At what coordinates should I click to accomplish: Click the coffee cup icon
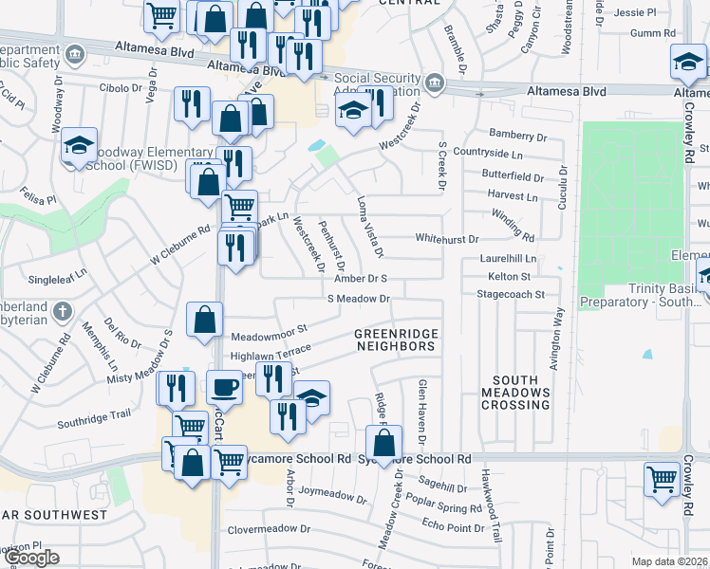tap(224, 387)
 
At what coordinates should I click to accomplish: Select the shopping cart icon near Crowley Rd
tap(661, 478)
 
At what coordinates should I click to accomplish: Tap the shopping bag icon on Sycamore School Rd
tap(383, 442)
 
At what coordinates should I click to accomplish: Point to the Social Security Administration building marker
tap(436, 81)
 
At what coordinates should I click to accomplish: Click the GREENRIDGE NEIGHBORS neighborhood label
tap(395, 340)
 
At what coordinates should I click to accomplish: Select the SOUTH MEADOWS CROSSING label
tap(515, 398)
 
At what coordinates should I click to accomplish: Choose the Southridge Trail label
tap(93, 415)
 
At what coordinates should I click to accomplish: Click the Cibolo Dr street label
tap(120, 88)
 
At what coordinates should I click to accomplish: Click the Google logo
tap(31, 558)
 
